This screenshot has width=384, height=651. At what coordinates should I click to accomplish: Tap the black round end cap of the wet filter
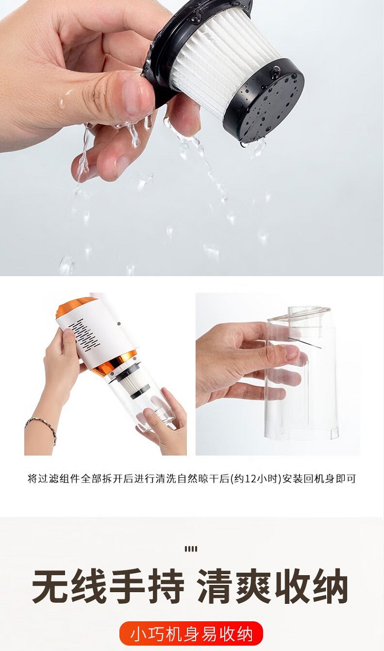click(264, 102)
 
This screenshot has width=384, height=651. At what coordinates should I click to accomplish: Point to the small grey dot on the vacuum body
click(119, 324)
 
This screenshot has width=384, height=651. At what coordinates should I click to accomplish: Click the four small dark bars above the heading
click(191, 549)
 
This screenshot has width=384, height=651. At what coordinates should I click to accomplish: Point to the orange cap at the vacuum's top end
click(74, 306)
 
